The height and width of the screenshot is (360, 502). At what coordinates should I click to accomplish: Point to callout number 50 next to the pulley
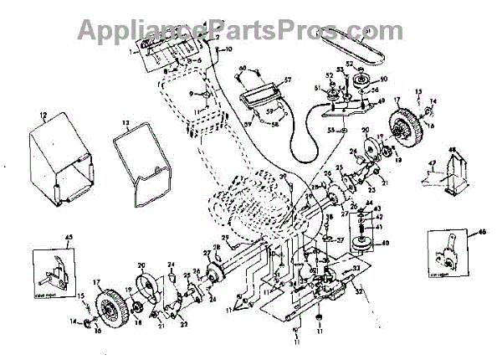[x=385, y=80]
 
